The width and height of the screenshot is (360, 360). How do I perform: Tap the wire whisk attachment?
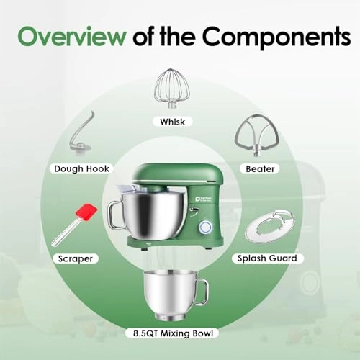[x=172, y=88]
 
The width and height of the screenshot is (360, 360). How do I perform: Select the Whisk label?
[x=173, y=122]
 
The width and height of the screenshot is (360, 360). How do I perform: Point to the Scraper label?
[x=74, y=256]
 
